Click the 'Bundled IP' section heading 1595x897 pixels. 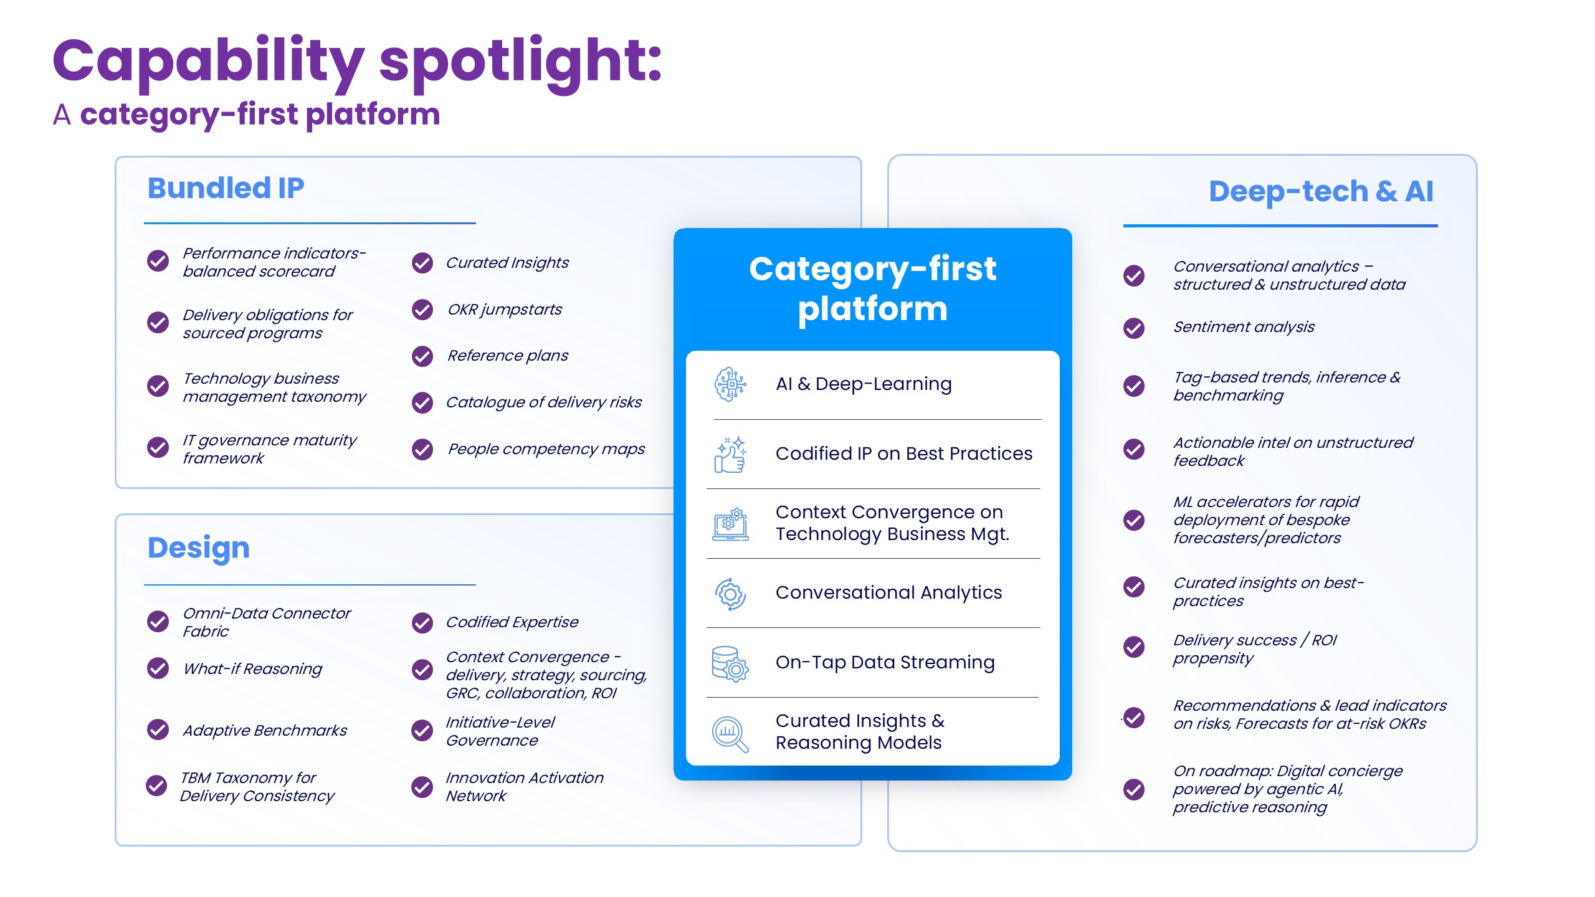(x=226, y=188)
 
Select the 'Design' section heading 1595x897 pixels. (x=198, y=548)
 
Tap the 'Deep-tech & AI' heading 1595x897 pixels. (x=1320, y=191)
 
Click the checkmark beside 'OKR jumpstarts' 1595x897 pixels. (x=422, y=310)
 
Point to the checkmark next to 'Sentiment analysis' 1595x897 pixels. (x=1133, y=328)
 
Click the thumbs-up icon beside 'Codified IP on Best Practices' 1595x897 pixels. (x=730, y=454)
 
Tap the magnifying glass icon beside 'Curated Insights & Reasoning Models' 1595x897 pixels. (x=730, y=734)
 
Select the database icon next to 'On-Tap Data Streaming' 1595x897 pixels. (x=730, y=663)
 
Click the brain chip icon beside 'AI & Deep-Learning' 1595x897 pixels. (x=730, y=384)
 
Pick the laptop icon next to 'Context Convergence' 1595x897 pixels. (x=730, y=524)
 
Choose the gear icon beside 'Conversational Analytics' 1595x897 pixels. (x=730, y=594)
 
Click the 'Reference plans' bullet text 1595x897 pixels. (x=507, y=356)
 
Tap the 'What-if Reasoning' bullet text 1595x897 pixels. (x=252, y=669)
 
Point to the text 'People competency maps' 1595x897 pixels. (x=546, y=449)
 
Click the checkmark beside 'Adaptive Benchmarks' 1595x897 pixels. (x=158, y=729)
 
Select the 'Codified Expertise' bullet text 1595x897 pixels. (x=512, y=622)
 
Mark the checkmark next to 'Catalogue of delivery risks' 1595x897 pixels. (x=422, y=403)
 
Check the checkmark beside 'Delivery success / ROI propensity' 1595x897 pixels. (x=1133, y=647)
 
